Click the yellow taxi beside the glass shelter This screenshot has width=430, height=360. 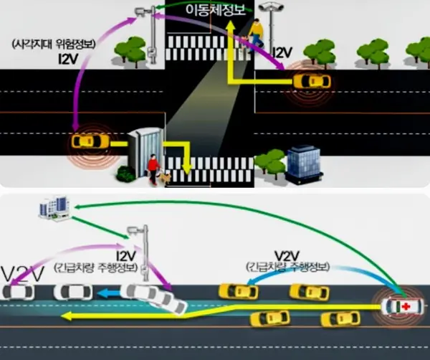pos(86,141)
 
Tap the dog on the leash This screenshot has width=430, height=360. pos(166,176)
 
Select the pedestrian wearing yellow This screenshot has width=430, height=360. pos(256,33)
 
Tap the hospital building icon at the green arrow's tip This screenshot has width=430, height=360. pos(52,208)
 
